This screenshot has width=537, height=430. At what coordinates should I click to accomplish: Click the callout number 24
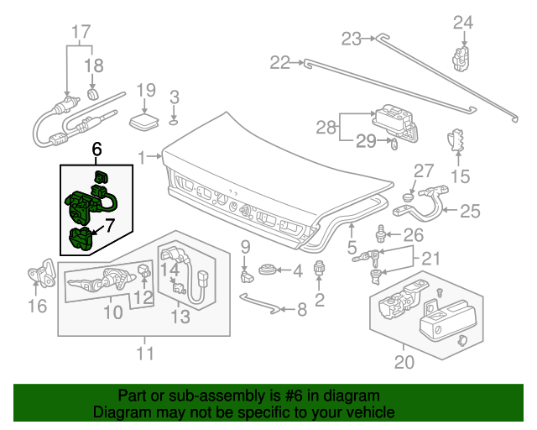463,23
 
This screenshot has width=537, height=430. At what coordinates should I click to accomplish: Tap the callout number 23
351,37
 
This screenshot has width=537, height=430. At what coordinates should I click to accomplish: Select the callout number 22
279,61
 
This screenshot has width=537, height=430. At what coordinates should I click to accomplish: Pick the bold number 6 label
97,149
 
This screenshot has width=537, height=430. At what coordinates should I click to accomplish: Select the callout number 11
146,354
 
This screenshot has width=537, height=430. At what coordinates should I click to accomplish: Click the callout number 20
404,363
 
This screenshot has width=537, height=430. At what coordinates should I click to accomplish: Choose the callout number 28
325,128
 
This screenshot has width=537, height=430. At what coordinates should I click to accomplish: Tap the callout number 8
301,309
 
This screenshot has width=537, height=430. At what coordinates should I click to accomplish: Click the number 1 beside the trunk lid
143,156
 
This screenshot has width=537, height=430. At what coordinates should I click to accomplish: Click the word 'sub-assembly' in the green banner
201,396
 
